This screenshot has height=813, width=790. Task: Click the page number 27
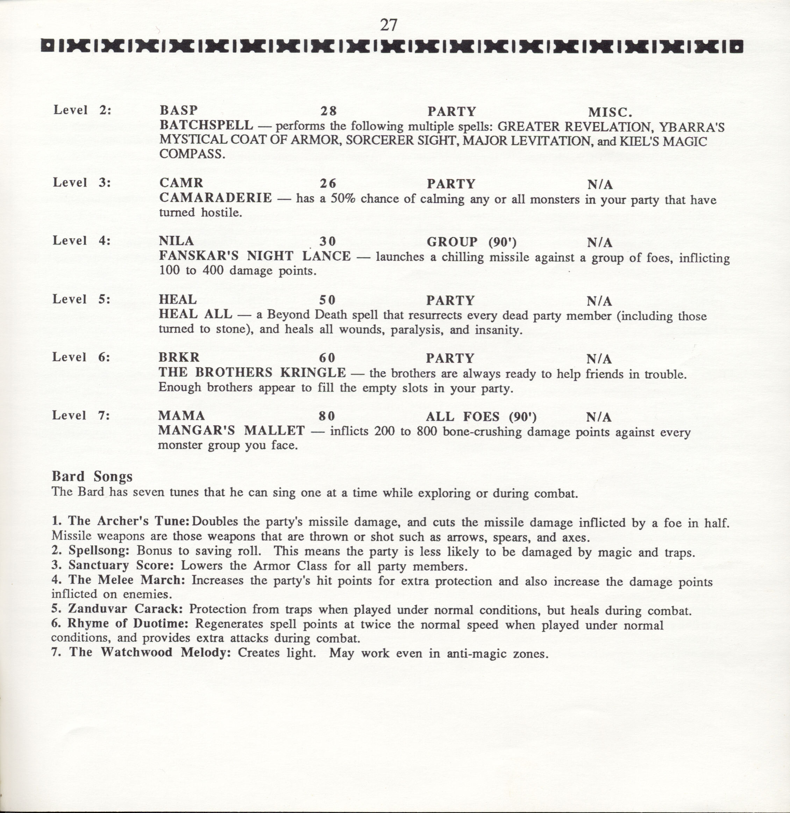coord(389,26)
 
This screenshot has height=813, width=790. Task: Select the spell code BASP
coord(178,111)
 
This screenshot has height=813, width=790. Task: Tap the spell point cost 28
coord(328,111)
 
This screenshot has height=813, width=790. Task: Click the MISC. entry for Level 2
coord(610,112)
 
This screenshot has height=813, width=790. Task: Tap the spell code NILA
coord(176,241)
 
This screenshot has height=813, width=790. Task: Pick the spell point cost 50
coord(327,300)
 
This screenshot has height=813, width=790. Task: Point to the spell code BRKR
coord(179,358)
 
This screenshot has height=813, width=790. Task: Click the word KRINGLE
coord(313,373)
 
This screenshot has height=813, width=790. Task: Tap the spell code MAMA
coord(181,416)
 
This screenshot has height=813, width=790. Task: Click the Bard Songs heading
coord(92,477)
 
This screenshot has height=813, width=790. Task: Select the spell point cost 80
coord(327,416)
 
